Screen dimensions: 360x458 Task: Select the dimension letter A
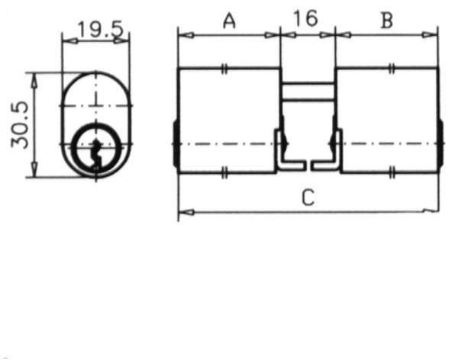[x=228, y=21]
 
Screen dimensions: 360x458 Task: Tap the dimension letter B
[x=386, y=21]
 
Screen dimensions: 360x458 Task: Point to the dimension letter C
[x=308, y=198]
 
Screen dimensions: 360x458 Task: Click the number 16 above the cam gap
[x=305, y=19]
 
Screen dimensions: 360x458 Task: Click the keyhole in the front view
[x=95, y=149]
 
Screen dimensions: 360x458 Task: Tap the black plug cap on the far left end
[x=176, y=144]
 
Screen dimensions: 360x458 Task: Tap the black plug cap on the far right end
[x=440, y=144]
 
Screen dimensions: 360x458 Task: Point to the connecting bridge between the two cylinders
[x=307, y=91]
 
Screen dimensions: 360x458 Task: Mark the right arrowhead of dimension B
[x=433, y=34]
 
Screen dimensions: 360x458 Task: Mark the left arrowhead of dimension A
[x=184, y=34]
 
